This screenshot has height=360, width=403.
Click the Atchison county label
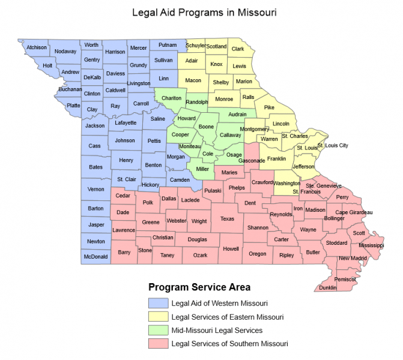[x=37, y=47]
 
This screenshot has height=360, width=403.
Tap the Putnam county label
[x=168, y=45]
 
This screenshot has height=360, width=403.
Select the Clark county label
[x=238, y=49]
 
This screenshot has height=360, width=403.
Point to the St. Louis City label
[x=333, y=145]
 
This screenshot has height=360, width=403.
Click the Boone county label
[x=206, y=127]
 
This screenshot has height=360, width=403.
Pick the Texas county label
[x=227, y=219]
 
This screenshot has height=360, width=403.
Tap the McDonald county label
[x=95, y=257]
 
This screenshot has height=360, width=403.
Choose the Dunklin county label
[x=328, y=287]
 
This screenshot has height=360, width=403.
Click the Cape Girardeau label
[x=354, y=212]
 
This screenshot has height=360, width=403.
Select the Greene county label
[x=151, y=222]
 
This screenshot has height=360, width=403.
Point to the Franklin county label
[x=276, y=159]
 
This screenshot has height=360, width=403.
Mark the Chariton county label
[x=172, y=98]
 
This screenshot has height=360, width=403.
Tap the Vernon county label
[x=96, y=189]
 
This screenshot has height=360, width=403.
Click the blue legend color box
[x=157, y=303]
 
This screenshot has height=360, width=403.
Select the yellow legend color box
[x=157, y=317]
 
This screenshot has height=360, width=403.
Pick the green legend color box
[x=157, y=331]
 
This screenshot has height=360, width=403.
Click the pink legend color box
[x=157, y=344]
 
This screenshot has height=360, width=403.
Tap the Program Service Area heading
[x=199, y=287]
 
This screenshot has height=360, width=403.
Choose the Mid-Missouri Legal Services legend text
[x=217, y=331]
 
